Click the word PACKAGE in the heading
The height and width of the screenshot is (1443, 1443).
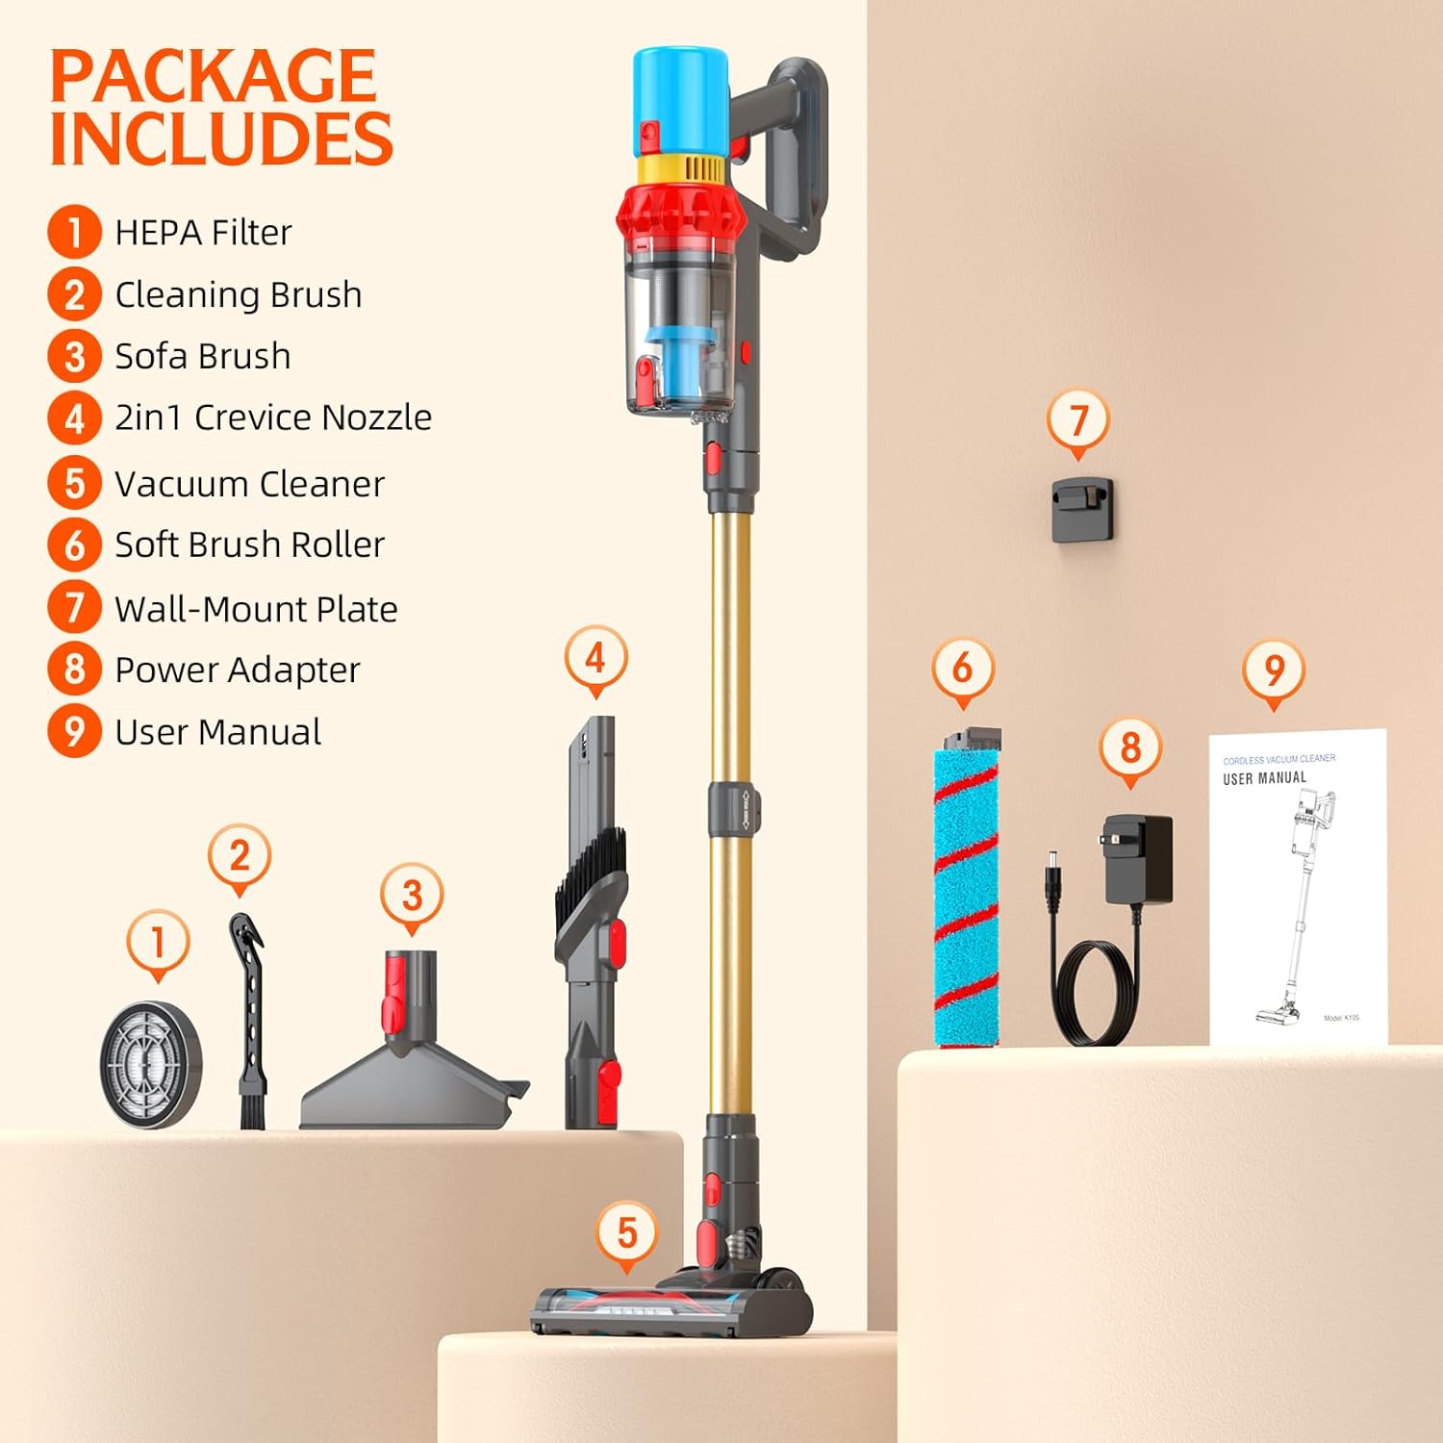click(213, 76)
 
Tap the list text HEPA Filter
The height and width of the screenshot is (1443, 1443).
click(203, 233)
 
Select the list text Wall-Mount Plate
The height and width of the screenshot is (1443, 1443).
click(256, 609)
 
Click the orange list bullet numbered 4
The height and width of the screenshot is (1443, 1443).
click(74, 418)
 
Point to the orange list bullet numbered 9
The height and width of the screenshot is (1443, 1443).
click(74, 731)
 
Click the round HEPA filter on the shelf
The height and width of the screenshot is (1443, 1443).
click(151, 1064)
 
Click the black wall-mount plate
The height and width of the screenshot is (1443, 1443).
click(1082, 510)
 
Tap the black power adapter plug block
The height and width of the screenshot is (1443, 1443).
click(1140, 859)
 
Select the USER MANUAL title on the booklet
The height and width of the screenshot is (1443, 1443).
click(1264, 778)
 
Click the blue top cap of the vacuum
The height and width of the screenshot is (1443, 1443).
click(679, 96)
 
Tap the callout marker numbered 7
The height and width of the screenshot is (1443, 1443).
click(1077, 420)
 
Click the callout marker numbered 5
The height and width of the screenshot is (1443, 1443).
click(627, 1232)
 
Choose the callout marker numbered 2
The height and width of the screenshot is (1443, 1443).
click(240, 855)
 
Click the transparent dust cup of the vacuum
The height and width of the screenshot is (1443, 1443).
click(678, 327)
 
